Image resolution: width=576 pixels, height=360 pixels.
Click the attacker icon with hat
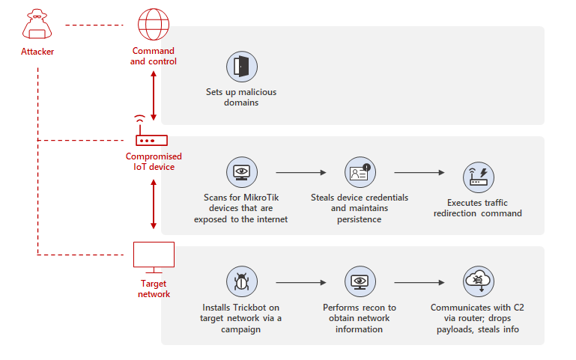[x=37, y=25]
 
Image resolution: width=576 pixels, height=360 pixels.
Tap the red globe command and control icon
[x=154, y=25]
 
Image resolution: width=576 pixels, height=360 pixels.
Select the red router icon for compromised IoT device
[x=153, y=138]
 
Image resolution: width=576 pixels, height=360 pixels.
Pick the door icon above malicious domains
[x=241, y=66]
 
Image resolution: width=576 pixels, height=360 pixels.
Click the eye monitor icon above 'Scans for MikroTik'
[x=241, y=172]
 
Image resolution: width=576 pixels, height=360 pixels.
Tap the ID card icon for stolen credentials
[x=359, y=172]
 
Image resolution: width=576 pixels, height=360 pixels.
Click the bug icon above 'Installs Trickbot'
[x=241, y=282]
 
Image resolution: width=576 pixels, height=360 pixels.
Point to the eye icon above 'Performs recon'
[x=359, y=282]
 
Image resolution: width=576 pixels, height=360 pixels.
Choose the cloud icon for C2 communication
[x=478, y=282]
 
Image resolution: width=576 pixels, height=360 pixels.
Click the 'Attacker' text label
[x=37, y=52]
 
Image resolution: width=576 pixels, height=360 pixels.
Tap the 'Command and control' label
[x=154, y=56]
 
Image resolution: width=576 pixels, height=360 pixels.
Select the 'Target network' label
[x=154, y=289]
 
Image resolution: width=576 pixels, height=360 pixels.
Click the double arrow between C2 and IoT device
[x=154, y=96]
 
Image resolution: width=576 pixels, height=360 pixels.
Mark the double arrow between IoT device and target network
[x=154, y=204]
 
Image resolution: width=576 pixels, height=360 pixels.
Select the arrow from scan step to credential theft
[x=300, y=173]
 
